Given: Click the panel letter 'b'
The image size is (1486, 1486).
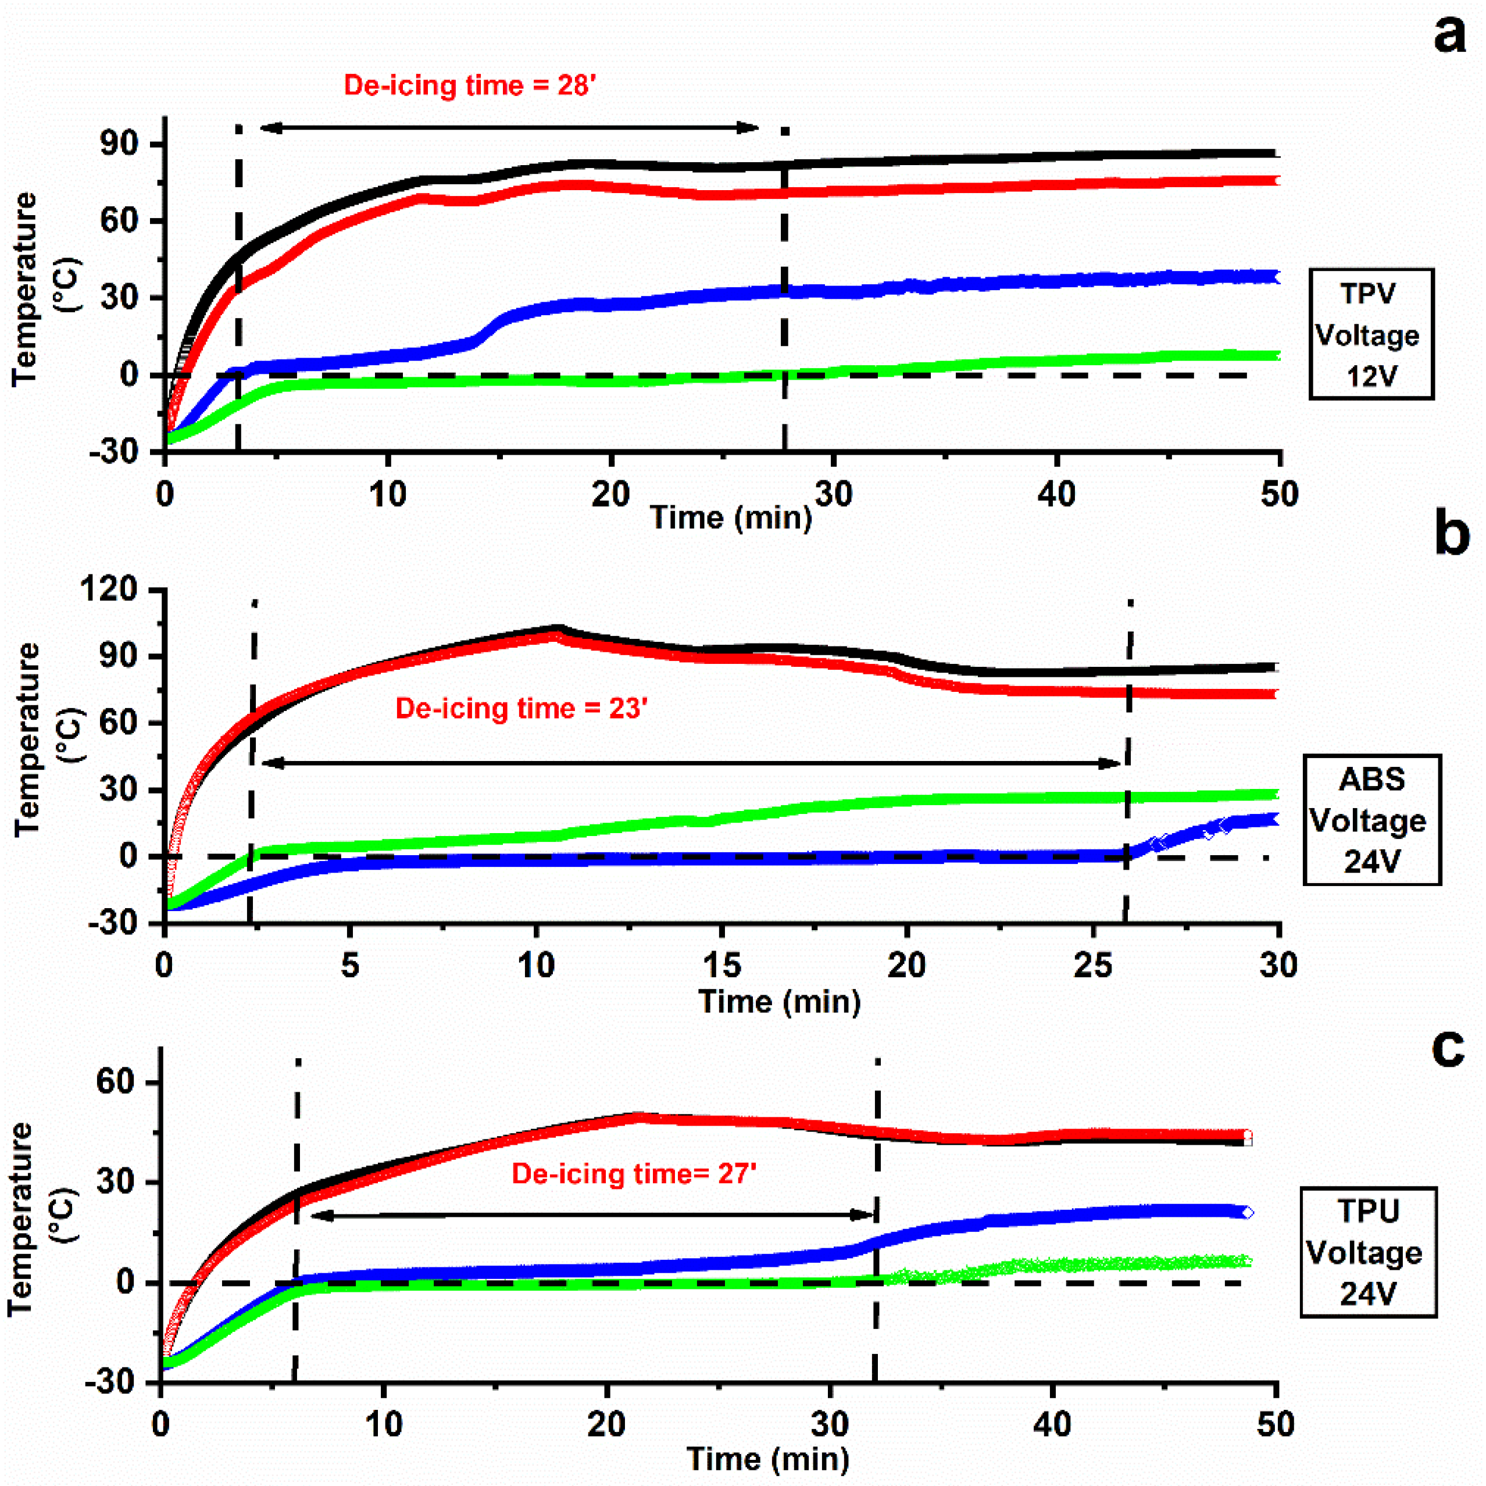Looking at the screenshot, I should pos(1451,534).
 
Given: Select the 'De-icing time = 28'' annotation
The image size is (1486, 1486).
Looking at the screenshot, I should pos(470,85).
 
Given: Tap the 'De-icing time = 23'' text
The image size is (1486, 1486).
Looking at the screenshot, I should pos(521,708).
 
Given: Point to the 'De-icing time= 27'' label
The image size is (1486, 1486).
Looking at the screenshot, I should pos(634,1174).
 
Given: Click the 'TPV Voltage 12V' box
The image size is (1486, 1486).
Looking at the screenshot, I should pos(1371,334).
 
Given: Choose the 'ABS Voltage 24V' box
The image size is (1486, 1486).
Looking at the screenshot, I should pos(1371,820).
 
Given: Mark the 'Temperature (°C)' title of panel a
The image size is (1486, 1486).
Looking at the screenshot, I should pos(45,288).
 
